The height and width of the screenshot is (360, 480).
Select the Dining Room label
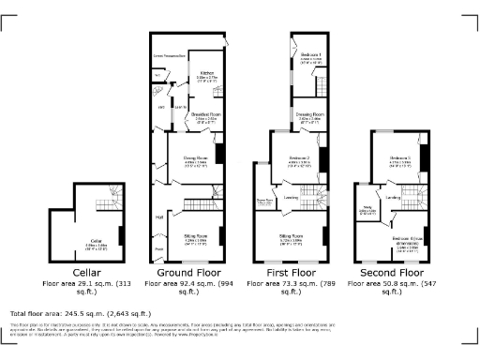pyautogui.click(x=195, y=158)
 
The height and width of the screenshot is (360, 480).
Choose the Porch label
pyautogui.click(x=158, y=249)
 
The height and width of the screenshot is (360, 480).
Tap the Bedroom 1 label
pyautogui.click(x=311, y=55)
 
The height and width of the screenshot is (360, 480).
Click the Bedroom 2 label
pyautogui.click(x=299, y=157)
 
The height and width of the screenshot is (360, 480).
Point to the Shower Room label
pyautogui.click(x=264, y=200)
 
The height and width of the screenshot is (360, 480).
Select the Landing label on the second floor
pyautogui.click(x=394, y=198)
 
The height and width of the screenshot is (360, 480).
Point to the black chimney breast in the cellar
pyautogui.click(x=121, y=234)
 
